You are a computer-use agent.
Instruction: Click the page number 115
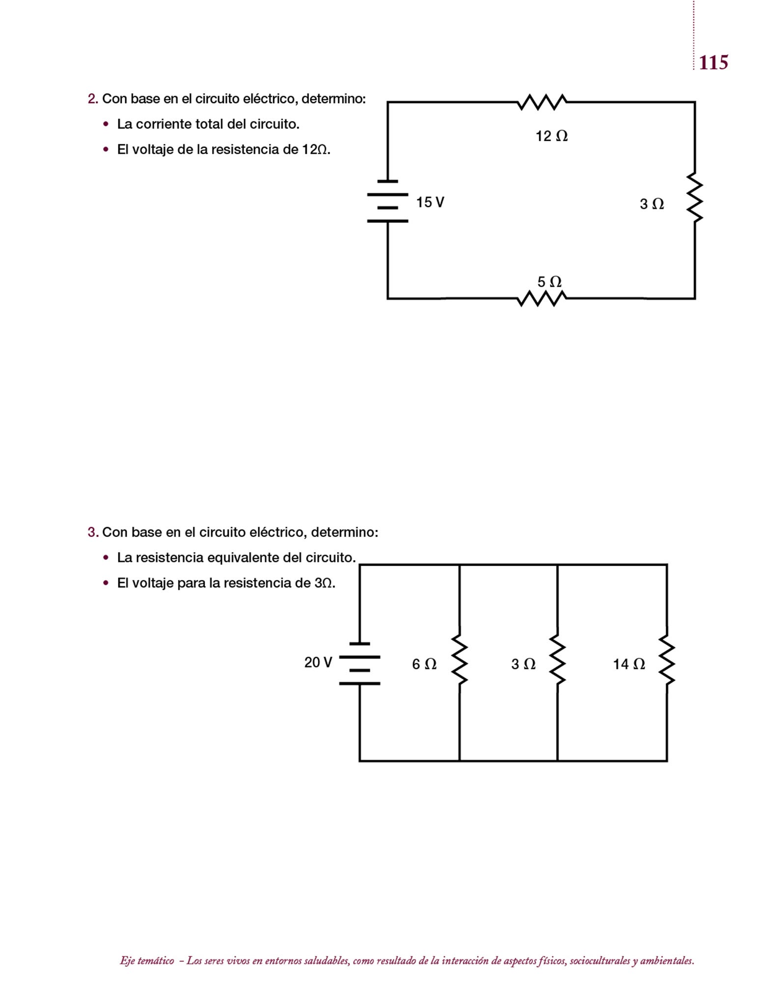[713, 63]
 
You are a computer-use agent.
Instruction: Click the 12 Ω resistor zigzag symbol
[542, 102]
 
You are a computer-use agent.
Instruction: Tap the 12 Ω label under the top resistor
[551, 136]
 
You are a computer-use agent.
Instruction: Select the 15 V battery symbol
[387, 202]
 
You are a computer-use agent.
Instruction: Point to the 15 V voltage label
[430, 202]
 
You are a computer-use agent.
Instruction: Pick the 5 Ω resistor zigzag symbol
[542, 298]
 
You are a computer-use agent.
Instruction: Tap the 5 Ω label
[549, 282]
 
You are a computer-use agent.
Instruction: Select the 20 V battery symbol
[359, 663]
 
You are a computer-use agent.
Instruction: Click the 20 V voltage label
[318, 662]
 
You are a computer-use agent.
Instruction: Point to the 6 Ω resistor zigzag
[460, 660]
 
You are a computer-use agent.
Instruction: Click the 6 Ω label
[424, 664]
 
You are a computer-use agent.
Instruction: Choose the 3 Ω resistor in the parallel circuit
[557, 660]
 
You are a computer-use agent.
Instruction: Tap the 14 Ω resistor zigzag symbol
[667, 660]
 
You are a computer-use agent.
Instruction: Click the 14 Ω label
[629, 664]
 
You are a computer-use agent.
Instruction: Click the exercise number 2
[92, 99]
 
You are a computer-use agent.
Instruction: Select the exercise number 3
[92, 532]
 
